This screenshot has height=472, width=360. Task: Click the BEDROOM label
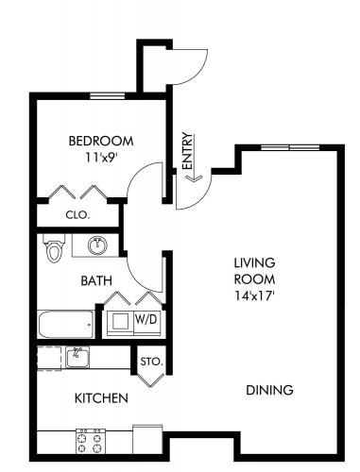pyautogui.click(x=101, y=141)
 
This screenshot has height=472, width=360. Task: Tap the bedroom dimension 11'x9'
pyautogui.click(x=99, y=157)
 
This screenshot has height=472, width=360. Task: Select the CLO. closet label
pyautogui.click(x=77, y=215)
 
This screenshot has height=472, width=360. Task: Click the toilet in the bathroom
pyautogui.click(x=54, y=248)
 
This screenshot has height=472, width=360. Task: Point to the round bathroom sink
pyautogui.click(x=97, y=245)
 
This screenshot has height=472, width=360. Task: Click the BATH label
pyautogui.click(x=96, y=280)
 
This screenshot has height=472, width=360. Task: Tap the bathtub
pyautogui.click(x=66, y=325)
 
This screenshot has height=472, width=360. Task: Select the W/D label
pyautogui.click(x=146, y=320)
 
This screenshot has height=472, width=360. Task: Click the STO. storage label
pyautogui.click(x=152, y=362)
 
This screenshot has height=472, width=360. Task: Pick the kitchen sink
pyautogui.click(x=77, y=357)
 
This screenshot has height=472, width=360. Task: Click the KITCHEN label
pyautogui.click(x=101, y=398)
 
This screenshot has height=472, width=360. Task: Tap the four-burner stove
pyautogui.click(x=91, y=441)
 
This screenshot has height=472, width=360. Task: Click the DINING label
pyautogui.click(x=269, y=390)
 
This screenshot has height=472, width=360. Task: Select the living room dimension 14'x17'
pyautogui.click(x=253, y=295)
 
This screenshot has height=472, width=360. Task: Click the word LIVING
pyautogui.click(x=254, y=262)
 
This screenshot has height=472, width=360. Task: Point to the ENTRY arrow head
pyautogui.click(x=194, y=178)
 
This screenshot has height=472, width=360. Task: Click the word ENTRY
pyautogui.click(x=187, y=152)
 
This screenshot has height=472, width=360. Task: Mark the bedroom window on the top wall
pyautogui.click(x=108, y=95)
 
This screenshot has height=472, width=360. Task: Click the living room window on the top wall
pyautogui.click(x=290, y=147)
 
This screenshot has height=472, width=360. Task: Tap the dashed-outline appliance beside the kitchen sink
pyautogui.click(x=49, y=358)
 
